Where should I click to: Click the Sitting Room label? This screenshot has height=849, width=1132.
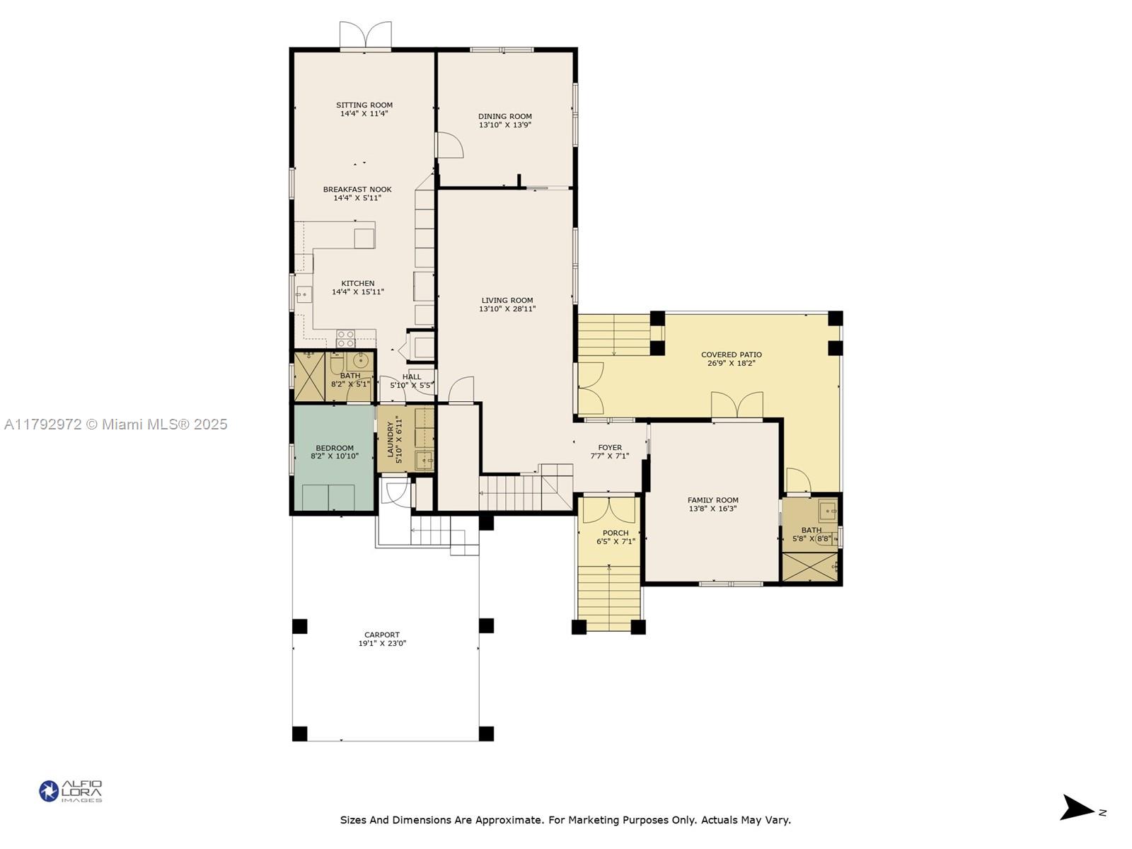[x=364, y=105]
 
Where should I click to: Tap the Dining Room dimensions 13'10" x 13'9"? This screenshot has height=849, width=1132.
[x=504, y=125]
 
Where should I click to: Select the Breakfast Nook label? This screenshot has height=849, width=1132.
[x=357, y=190]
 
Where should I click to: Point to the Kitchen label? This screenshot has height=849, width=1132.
[x=357, y=284]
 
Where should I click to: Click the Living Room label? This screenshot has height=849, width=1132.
[x=507, y=301]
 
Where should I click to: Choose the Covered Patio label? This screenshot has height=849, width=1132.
[x=732, y=354]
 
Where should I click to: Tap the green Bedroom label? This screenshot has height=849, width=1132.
[x=335, y=448]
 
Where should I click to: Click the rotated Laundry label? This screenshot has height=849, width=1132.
[x=391, y=439]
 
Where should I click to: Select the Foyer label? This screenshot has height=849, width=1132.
[x=610, y=447]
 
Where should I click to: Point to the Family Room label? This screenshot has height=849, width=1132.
[x=712, y=500]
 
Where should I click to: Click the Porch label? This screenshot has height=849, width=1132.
[x=616, y=533]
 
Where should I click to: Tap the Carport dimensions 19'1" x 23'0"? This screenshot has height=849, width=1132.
[x=382, y=643]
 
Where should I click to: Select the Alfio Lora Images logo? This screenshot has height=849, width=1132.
[x=71, y=791]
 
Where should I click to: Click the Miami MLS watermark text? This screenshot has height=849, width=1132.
[x=115, y=424]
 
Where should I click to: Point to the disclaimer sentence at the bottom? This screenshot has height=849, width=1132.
[x=565, y=819]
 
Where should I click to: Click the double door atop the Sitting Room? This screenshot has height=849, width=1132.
[x=365, y=35]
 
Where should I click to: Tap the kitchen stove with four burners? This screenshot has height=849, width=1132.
[x=345, y=339]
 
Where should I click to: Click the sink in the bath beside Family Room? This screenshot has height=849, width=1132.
[x=827, y=511]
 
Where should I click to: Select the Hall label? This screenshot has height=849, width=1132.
[x=412, y=377]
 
